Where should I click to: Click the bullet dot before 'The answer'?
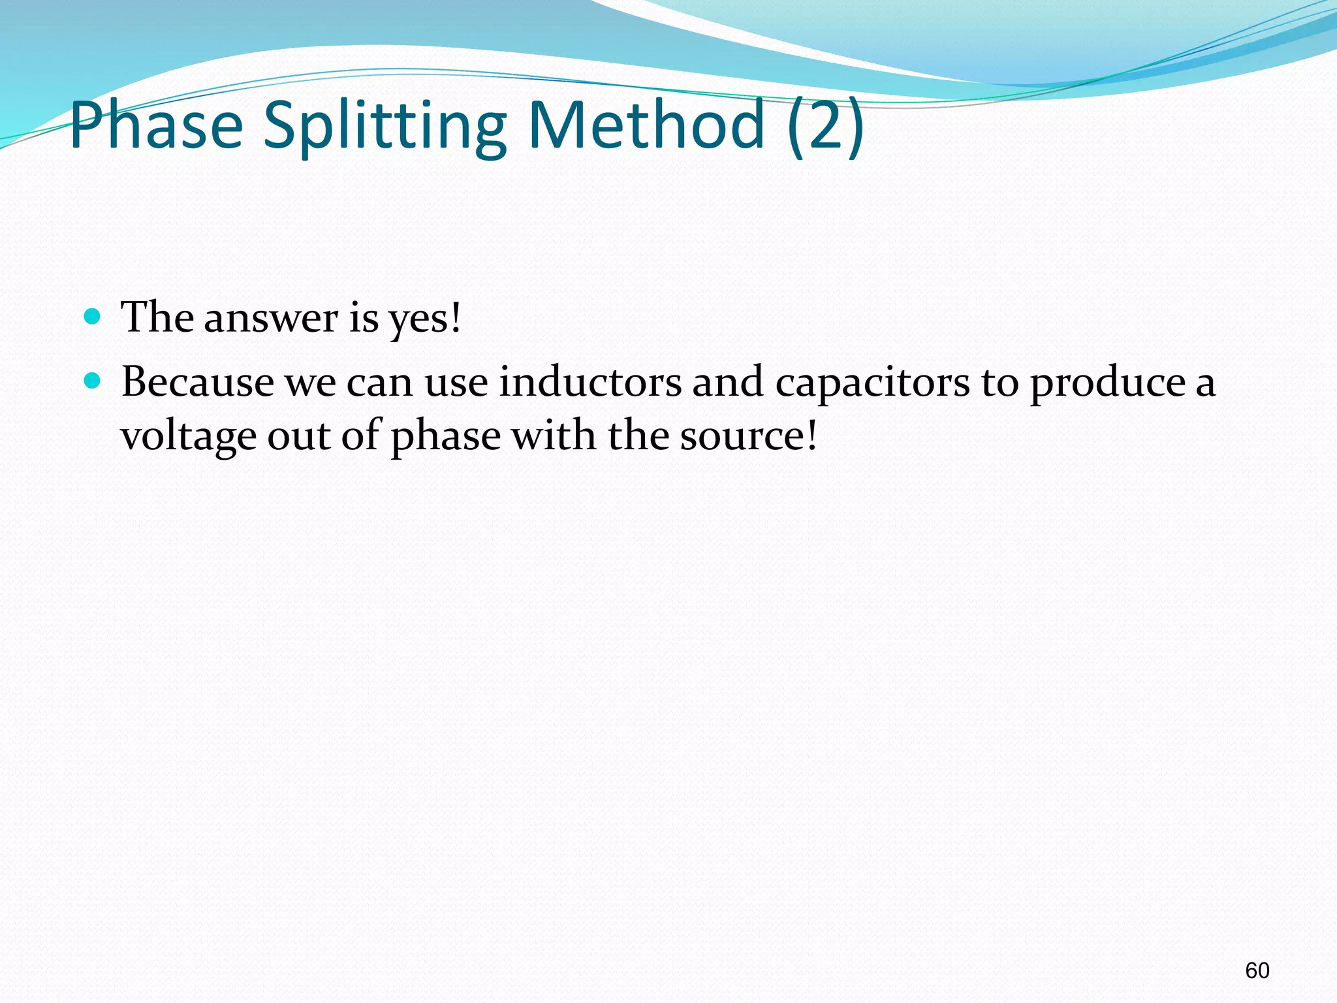93,317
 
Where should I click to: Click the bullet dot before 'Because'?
93,381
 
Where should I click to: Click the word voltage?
189,436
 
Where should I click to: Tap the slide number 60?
1257,970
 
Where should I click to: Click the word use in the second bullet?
456,383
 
